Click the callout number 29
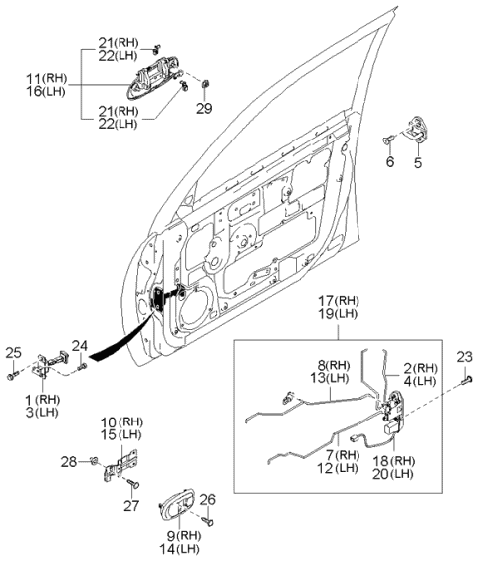[204, 107]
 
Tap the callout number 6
[389, 162]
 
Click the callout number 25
[12, 351]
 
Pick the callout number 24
[80, 346]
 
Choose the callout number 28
[68, 460]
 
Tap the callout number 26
[207, 499]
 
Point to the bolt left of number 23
[466, 378]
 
